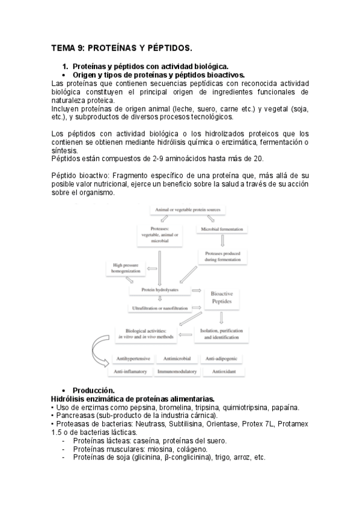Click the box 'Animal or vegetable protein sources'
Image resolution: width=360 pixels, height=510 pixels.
(188, 210)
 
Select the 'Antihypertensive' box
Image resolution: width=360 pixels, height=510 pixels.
(131, 359)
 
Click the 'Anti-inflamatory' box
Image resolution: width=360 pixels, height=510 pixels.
(131, 372)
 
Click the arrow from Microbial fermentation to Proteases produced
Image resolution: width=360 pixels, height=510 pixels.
(222, 241)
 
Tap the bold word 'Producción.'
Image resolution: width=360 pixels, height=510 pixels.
(97, 390)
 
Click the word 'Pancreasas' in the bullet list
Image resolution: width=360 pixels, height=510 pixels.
(75, 415)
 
